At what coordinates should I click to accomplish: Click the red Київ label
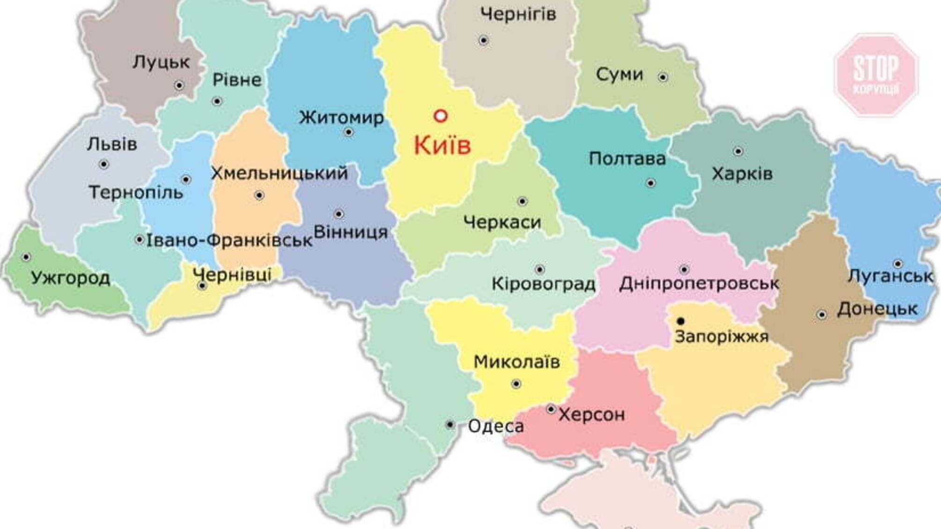tap(442, 145)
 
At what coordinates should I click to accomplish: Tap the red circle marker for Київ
tap(440, 116)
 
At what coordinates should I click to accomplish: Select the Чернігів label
tap(518, 14)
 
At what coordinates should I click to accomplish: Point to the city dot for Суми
tap(663, 77)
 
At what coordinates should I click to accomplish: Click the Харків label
tap(742, 174)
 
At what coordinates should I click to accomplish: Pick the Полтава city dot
tap(651, 183)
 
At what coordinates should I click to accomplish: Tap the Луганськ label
tap(891, 276)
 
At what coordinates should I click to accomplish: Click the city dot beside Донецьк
tap(822, 315)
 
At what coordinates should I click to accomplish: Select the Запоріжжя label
tap(721, 337)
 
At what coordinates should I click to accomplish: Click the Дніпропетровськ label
tap(699, 284)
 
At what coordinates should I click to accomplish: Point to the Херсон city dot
tap(551, 410)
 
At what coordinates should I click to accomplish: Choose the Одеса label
tap(496, 426)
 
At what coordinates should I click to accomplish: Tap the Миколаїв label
tap(517, 362)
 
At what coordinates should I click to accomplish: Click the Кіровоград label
tap(544, 284)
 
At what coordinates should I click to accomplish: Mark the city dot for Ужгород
tap(26, 257)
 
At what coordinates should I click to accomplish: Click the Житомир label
tap(341, 117)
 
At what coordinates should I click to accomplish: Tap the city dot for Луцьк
tap(179, 85)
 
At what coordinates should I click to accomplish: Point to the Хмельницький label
tap(279, 173)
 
